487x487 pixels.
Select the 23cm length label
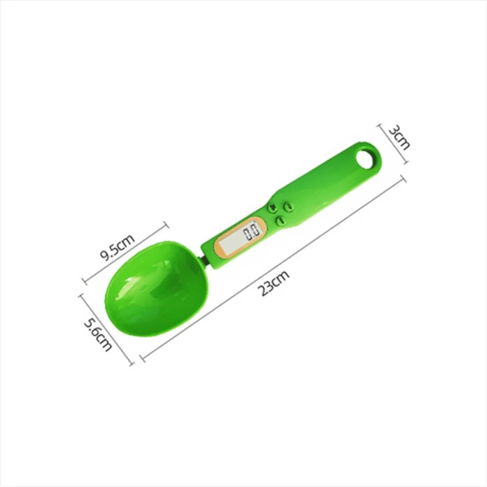(273, 282)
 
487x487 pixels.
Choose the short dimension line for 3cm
(393, 143)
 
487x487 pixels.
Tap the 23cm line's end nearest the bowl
(141, 357)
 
